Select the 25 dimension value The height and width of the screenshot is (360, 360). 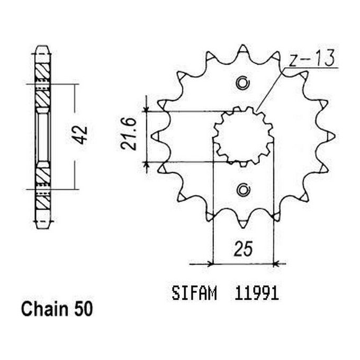243,248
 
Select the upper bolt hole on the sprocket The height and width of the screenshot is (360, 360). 243,83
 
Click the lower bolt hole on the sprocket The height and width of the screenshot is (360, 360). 243,190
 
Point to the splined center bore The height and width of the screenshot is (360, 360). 243,136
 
